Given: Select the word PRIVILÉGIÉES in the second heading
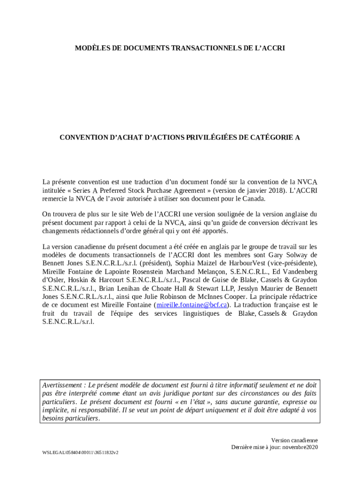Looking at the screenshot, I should point(208,138).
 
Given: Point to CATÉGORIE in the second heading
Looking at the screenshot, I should point(272,138).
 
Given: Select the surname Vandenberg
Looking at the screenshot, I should point(296,271).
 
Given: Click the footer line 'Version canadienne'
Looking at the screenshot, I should point(294,440).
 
